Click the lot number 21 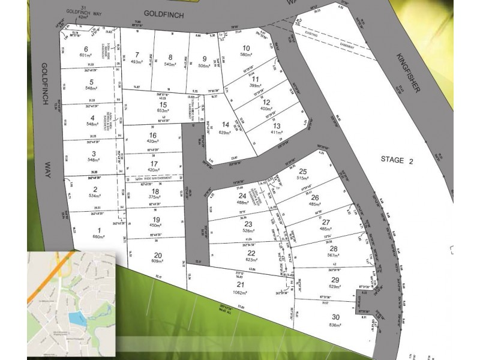[x=241, y=284]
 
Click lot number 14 [x=226, y=124]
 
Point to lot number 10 [x=245, y=49]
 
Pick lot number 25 [x=302, y=171]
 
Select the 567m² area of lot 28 [x=334, y=256]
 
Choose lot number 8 [x=170, y=57]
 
